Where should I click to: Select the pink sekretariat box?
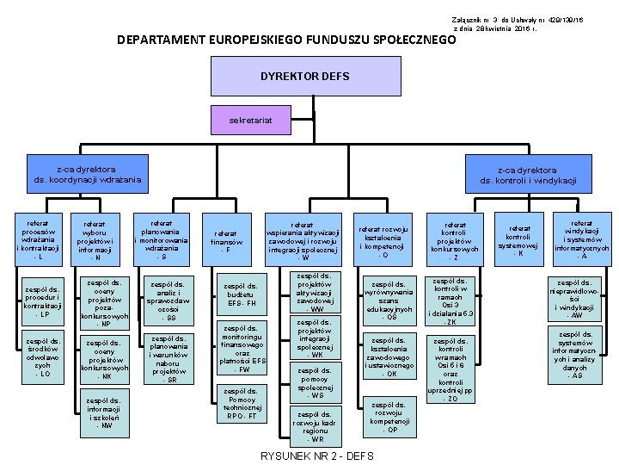pos(250,121)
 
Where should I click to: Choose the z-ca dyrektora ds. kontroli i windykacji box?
pos(528,175)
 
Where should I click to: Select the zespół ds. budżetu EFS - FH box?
pos(239,294)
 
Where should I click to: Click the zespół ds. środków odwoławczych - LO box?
pos(44,357)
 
